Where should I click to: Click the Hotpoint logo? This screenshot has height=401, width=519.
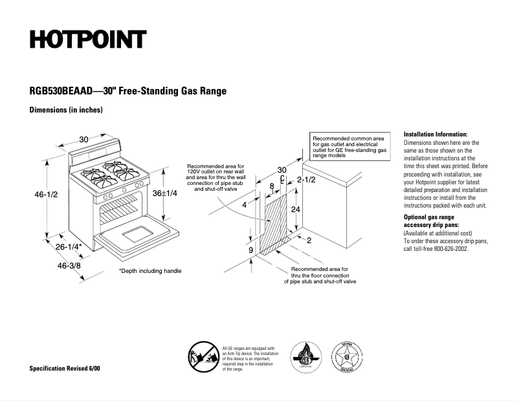[88, 39]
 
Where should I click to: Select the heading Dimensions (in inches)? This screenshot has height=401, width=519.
[66, 110]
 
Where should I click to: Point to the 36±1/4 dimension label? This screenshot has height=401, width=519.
[165, 193]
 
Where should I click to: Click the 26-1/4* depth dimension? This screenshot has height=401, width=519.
[68, 246]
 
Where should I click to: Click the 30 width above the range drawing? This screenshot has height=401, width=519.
[84, 139]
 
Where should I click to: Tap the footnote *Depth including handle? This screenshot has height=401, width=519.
[150, 271]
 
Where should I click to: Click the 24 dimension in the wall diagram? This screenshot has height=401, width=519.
[294, 210]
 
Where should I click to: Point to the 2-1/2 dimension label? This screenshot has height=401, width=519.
[306, 179]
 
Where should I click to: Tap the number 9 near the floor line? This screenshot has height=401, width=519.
[250, 249]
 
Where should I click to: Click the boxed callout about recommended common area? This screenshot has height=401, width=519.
[350, 147]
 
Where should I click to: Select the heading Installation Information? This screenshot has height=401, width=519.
[436, 133]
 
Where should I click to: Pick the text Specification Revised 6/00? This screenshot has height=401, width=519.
[65, 368]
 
